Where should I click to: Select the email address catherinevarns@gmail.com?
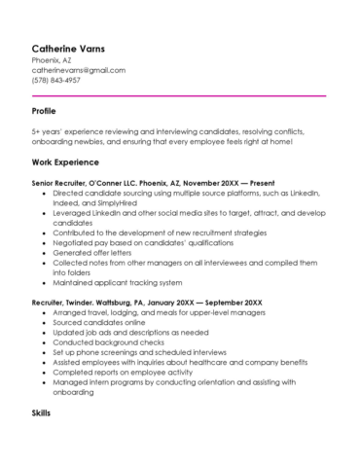(78, 70)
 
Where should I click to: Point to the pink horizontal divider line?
(178, 95)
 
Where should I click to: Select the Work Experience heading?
(65, 161)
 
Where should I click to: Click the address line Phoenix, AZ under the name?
(52, 59)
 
